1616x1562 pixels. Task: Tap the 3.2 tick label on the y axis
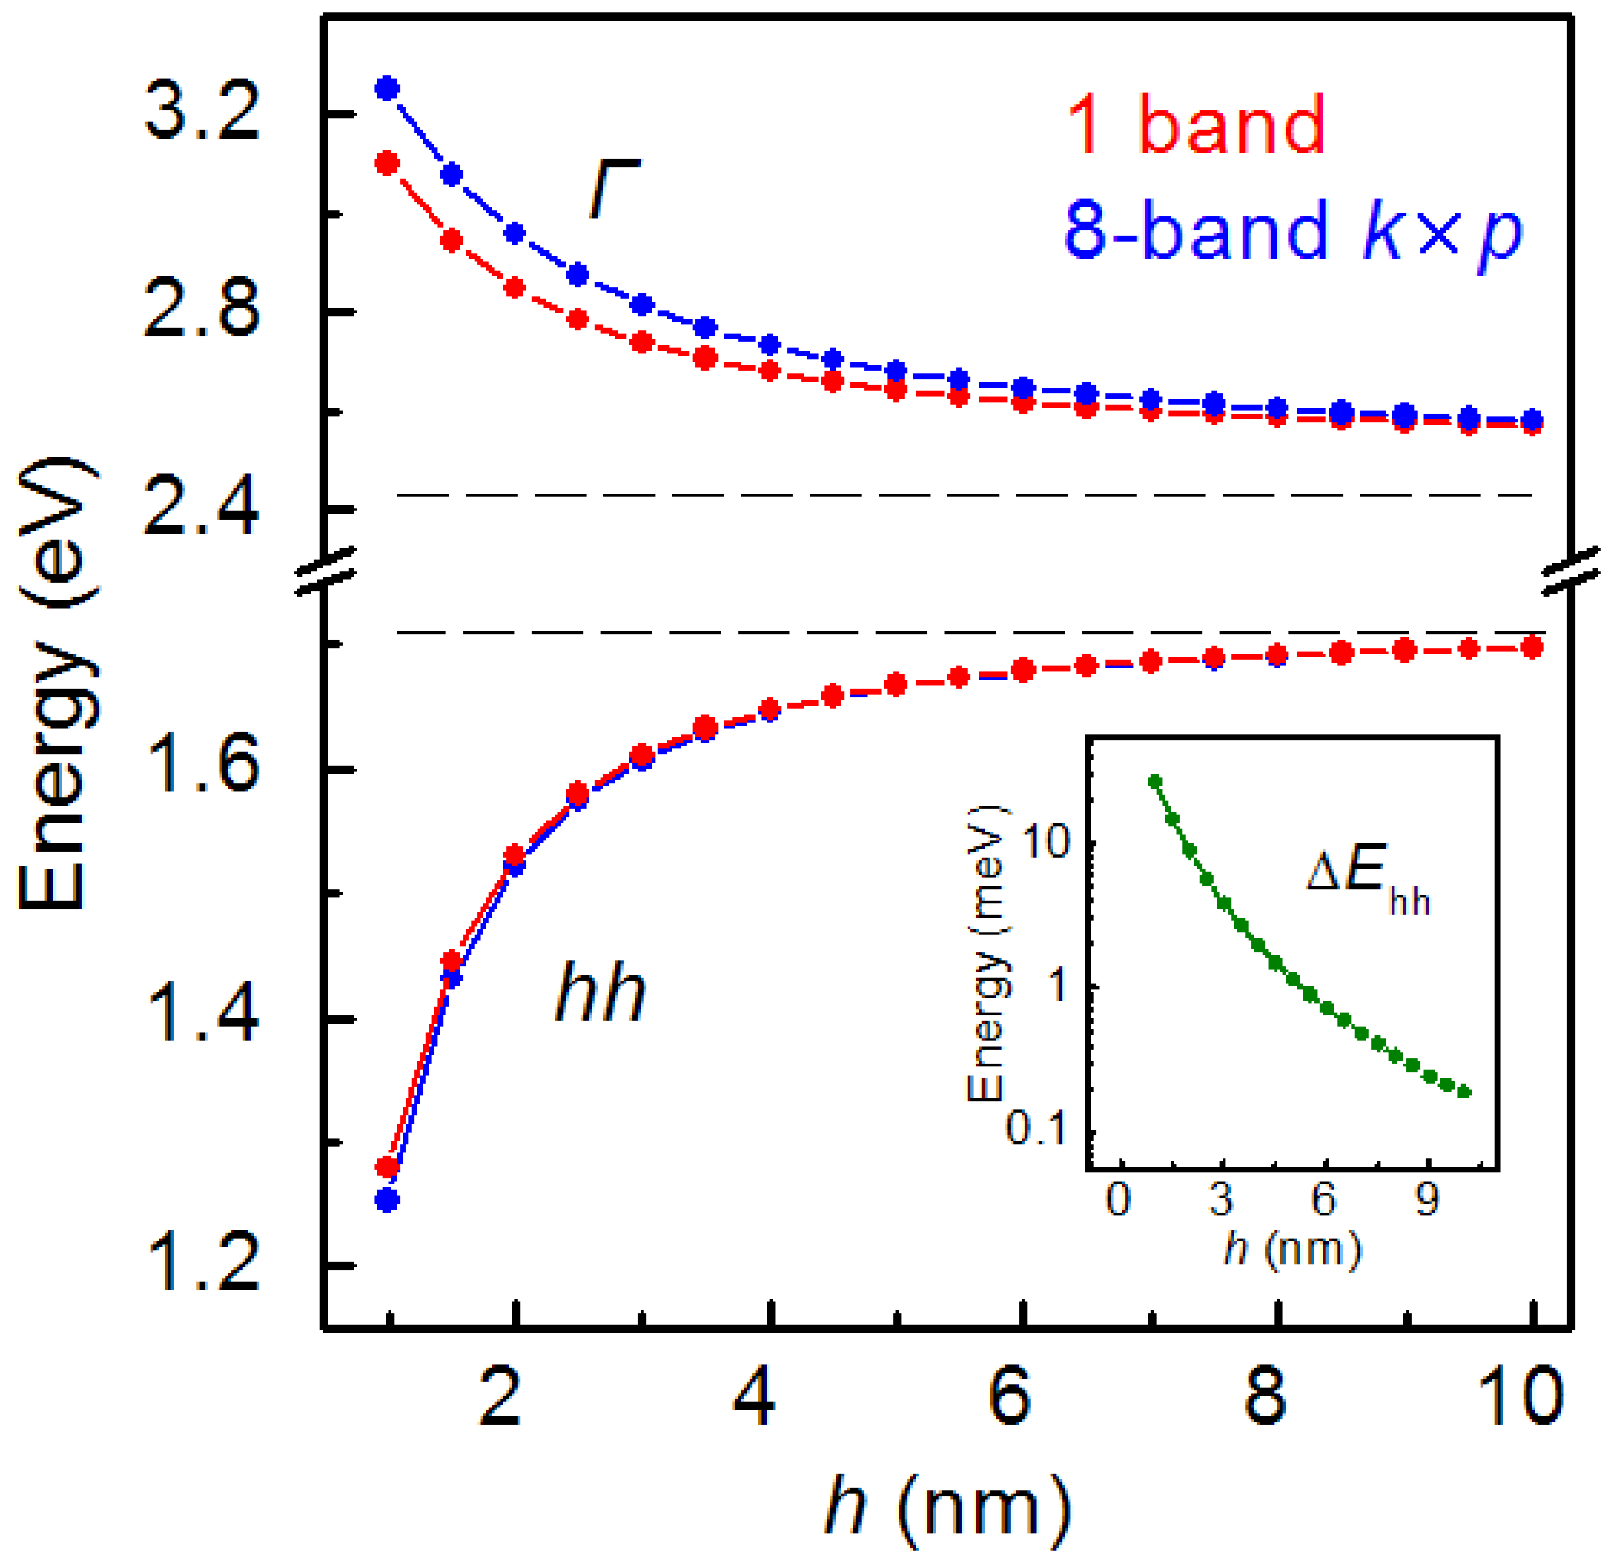point(202,113)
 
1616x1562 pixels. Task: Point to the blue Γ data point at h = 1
point(388,88)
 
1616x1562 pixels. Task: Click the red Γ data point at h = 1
point(388,163)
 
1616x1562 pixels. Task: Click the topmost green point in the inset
point(1155,780)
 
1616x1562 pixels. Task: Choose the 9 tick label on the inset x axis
point(1426,1200)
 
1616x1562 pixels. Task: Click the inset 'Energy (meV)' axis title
point(987,954)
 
